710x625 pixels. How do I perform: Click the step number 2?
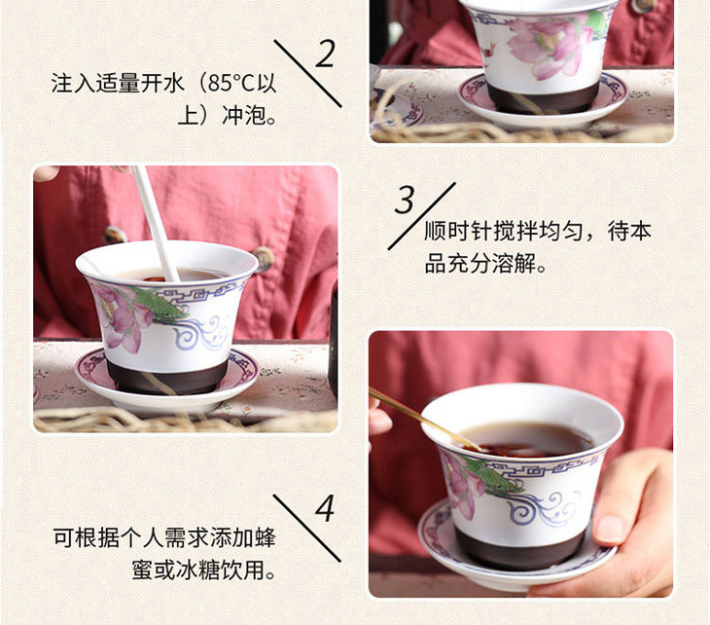coord(325,54)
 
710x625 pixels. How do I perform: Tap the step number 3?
coord(405,200)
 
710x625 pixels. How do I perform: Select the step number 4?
coord(325,507)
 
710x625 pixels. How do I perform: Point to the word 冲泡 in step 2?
coord(243,115)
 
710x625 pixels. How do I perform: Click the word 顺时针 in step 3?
coord(457,231)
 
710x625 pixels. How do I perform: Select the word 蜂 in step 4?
coord(265,537)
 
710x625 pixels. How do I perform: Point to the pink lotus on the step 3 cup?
coord(120,316)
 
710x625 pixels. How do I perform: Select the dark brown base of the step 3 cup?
coord(167,376)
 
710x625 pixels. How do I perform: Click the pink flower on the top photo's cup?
coord(549,45)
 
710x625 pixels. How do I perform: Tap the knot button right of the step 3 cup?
coord(264,257)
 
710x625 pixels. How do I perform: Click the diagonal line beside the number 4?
coord(307,529)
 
